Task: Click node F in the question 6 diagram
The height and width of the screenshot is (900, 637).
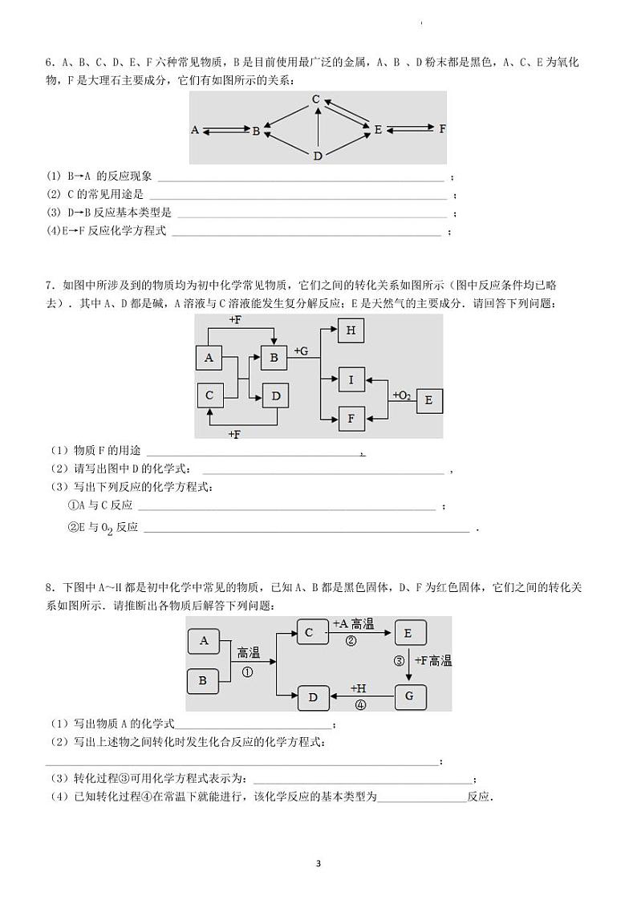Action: [442, 128]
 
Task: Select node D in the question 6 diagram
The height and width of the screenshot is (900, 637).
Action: [318, 156]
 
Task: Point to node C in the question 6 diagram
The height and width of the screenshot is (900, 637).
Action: [316, 99]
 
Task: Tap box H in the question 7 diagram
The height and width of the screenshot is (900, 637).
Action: [351, 330]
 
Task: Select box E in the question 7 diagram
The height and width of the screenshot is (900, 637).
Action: [428, 400]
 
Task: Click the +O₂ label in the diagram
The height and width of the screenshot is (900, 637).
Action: [401, 395]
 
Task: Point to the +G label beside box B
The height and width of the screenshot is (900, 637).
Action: [301, 351]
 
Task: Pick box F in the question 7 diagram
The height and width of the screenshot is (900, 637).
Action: [351, 418]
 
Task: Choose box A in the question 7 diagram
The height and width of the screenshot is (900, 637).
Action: [209, 358]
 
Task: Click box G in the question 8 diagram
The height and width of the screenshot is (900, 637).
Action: [409, 696]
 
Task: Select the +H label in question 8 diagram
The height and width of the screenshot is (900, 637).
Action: [359, 688]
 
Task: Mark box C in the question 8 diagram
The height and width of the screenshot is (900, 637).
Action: [310, 633]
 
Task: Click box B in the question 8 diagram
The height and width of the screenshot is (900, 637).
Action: [203, 681]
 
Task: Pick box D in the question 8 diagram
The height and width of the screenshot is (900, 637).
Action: [313, 697]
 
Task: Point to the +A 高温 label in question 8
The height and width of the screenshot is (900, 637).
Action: [353, 624]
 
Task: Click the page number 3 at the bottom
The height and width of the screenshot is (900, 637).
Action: [318, 863]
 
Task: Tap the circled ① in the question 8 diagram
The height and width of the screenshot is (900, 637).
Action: [247, 672]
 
